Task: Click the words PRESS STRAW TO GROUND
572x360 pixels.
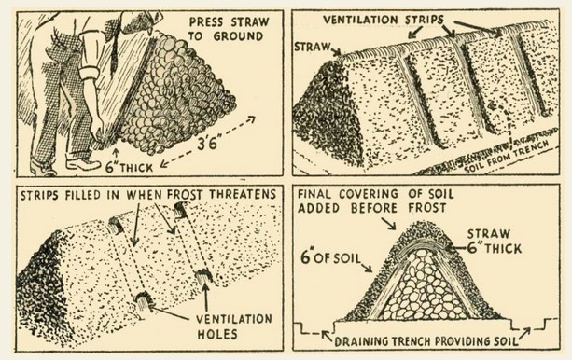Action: [x=229, y=29]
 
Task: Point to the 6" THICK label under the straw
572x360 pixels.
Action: [x=129, y=168]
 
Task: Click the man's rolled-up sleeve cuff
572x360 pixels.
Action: [x=89, y=76]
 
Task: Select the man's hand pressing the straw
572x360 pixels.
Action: [x=98, y=129]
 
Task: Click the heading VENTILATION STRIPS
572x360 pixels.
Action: [x=384, y=20]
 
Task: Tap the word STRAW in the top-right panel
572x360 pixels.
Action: [x=312, y=47]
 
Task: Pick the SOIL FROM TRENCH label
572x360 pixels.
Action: [x=507, y=157]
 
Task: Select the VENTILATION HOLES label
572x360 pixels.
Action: [x=234, y=326]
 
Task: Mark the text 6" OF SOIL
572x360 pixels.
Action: [x=330, y=257]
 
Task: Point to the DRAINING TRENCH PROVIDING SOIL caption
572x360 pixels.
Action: [x=426, y=341]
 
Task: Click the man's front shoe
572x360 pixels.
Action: [x=83, y=164]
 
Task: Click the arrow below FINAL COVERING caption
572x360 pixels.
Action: [x=388, y=224]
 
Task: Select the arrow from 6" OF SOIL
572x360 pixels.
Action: [x=366, y=267]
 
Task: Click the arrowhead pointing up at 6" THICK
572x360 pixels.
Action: [x=117, y=152]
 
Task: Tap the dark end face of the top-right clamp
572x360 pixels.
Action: [x=324, y=109]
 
